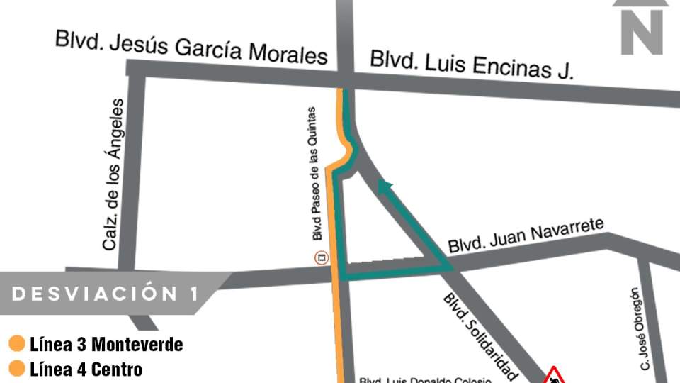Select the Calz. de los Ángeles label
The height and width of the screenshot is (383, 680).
[x=113, y=174]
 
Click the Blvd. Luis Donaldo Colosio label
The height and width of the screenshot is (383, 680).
[x=424, y=379]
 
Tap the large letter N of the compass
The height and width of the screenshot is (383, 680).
[x=641, y=32]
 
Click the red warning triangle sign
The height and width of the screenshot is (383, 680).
[x=554, y=375]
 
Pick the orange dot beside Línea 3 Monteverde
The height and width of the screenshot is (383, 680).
[x=16, y=345]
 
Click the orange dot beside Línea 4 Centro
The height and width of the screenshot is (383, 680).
[x=16, y=369]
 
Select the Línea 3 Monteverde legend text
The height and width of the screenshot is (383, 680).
[x=106, y=345]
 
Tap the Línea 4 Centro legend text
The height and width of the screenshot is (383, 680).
[x=86, y=369]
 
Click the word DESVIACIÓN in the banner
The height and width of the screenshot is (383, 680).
[x=93, y=294]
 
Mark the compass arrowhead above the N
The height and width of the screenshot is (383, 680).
[x=641, y=4]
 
